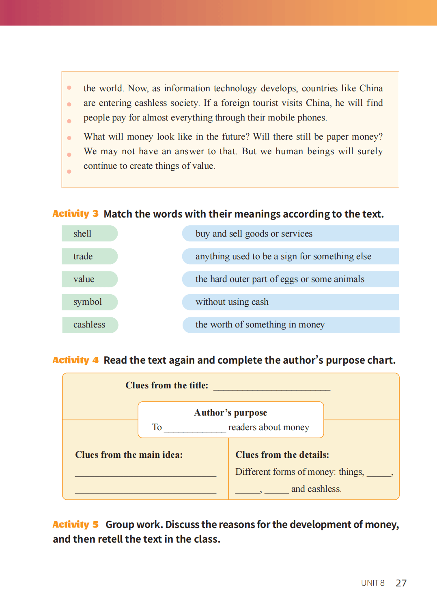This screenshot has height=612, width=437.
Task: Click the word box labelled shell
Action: click(89, 233)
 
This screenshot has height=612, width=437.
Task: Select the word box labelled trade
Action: click(89, 256)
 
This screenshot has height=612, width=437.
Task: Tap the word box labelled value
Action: click(89, 279)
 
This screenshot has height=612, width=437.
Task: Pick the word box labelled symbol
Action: click(89, 302)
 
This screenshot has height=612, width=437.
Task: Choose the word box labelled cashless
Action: click(90, 325)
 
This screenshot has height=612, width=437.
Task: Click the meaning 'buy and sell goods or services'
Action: click(290, 233)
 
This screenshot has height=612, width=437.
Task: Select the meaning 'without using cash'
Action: click(290, 302)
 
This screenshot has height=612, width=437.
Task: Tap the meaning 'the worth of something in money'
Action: click(290, 325)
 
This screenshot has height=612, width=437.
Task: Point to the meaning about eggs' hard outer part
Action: click(290, 279)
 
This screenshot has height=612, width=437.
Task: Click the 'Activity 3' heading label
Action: click(75, 213)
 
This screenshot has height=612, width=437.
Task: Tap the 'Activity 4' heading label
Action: click(75, 360)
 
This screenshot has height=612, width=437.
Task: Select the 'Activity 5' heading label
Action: click(75, 524)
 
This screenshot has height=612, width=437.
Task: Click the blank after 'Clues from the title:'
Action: click(271, 386)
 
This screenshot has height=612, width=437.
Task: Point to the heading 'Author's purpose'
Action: click(230, 413)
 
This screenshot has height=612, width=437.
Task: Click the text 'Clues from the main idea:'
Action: click(129, 455)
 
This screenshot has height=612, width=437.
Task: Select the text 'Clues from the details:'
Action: click(282, 455)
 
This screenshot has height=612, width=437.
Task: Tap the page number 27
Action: click(401, 583)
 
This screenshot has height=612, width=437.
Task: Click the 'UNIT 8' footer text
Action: click(372, 583)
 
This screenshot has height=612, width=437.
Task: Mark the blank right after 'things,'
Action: click(379, 473)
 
